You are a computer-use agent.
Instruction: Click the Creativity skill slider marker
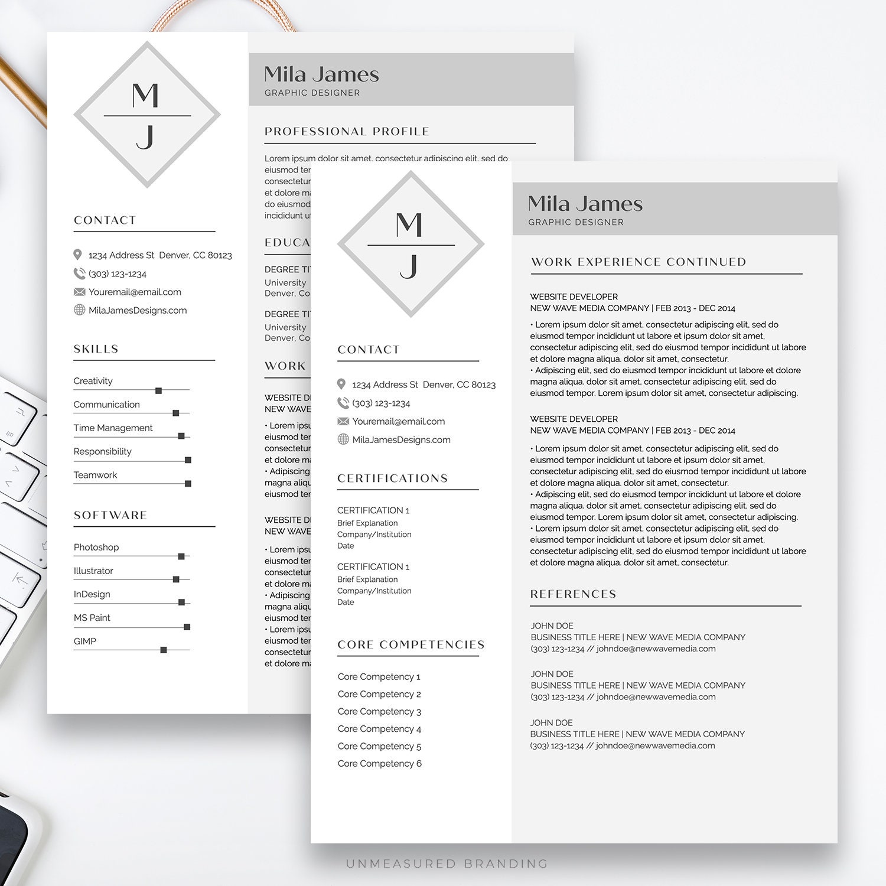coord(158,390)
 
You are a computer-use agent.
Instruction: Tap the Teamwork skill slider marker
coord(188,484)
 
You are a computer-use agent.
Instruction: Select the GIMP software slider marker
coord(164,650)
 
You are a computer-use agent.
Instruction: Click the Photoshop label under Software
coord(96,547)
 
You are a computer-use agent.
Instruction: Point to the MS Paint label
coord(92,618)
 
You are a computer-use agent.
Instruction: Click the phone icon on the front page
coord(343,403)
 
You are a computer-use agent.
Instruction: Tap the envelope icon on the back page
coord(79,292)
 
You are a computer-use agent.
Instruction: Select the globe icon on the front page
coord(343,439)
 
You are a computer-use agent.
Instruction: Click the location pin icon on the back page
coord(77,255)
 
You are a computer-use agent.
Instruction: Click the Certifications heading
coord(393,478)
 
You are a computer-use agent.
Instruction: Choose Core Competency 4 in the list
coord(379,729)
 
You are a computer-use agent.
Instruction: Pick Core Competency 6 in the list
coord(379,764)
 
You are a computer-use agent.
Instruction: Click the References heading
coord(573,594)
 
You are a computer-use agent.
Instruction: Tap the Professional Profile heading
coord(347,131)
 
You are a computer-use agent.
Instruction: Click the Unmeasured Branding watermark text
coord(447,864)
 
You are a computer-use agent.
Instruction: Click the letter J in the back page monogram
coord(145,137)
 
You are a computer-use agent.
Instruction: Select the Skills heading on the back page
coord(96,349)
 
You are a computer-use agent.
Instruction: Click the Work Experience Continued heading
coord(639,262)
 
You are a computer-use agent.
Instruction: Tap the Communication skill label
coord(106,405)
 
